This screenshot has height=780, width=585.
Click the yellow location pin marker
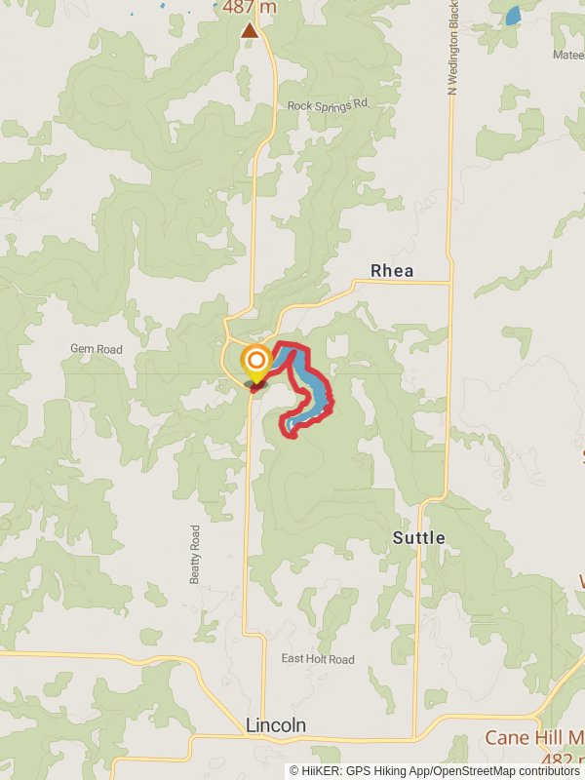click(x=255, y=362)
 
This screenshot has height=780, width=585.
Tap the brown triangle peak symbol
click(x=250, y=31)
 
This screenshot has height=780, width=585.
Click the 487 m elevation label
click(x=249, y=8)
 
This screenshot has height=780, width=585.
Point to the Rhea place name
click(x=392, y=270)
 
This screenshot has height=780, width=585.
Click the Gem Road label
click(x=97, y=349)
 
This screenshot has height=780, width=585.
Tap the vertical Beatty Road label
click(x=196, y=555)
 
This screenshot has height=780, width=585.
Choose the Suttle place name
click(x=418, y=537)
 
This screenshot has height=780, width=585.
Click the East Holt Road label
click(x=318, y=659)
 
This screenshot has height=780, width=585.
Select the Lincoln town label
click(x=276, y=725)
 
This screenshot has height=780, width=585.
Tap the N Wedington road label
click(x=452, y=49)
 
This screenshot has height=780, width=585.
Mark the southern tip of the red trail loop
click(x=290, y=430)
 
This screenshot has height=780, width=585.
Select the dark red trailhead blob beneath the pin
click(x=255, y=387)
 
